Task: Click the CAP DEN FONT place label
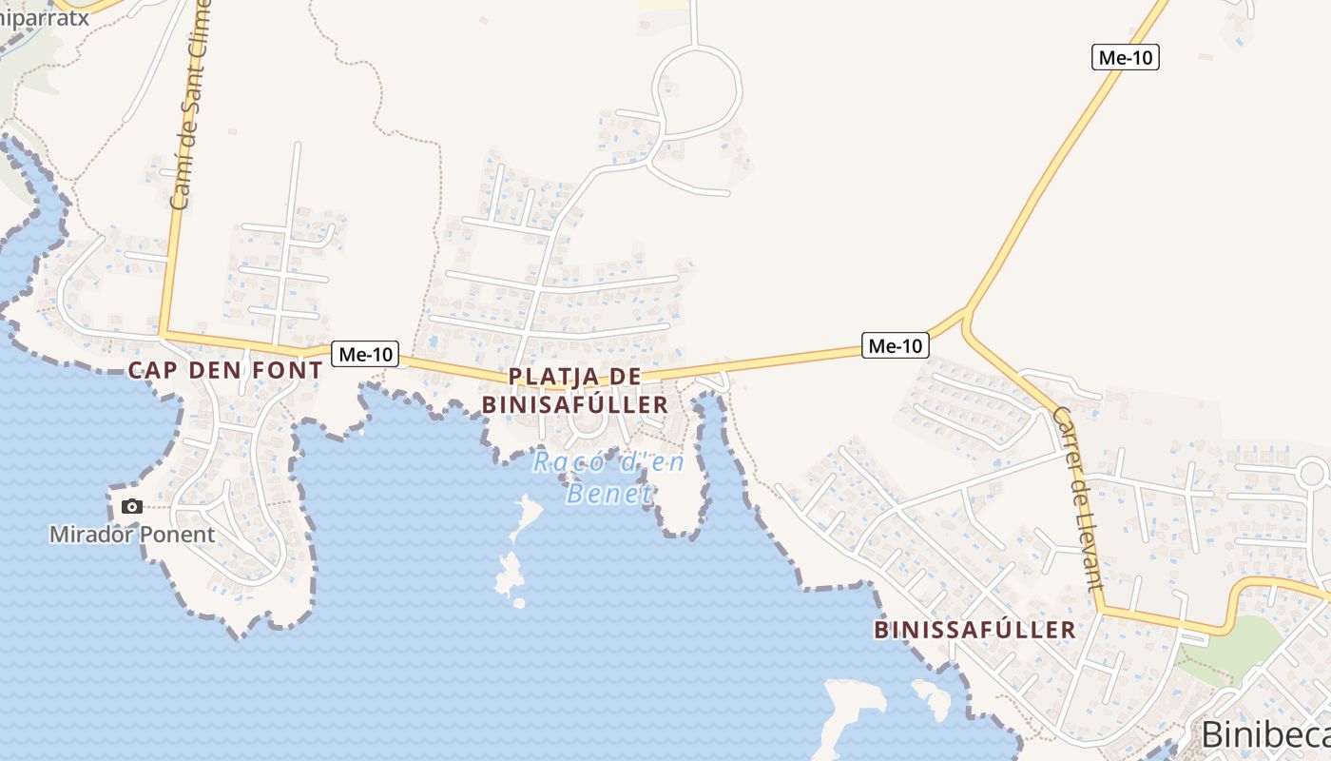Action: point(225,371)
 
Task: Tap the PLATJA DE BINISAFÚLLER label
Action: point(575,390)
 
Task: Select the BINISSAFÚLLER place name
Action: point(974,630)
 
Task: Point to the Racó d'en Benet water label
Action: point(608,478)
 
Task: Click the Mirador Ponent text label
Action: point(132,535)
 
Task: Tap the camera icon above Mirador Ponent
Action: point(132,506)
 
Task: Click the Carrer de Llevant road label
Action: point(1078,498)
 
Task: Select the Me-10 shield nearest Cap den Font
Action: point(366,355)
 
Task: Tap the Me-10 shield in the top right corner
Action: point(1125,57)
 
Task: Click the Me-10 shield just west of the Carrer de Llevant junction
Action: point(895,345)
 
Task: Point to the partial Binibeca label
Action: point(1264,734)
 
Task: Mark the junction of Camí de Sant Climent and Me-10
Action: point(164,334)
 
